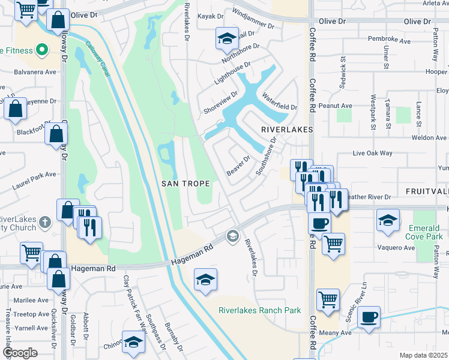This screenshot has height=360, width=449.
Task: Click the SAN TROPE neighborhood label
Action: (185, 184)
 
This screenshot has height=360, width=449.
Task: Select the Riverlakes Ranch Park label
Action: (259, 310)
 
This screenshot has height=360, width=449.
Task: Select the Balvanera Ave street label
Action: (35, 72)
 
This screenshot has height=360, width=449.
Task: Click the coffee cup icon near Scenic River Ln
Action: (369, 317)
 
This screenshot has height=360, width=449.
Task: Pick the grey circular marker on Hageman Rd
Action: (232, 237)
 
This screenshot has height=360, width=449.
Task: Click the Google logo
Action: (20, 352)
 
